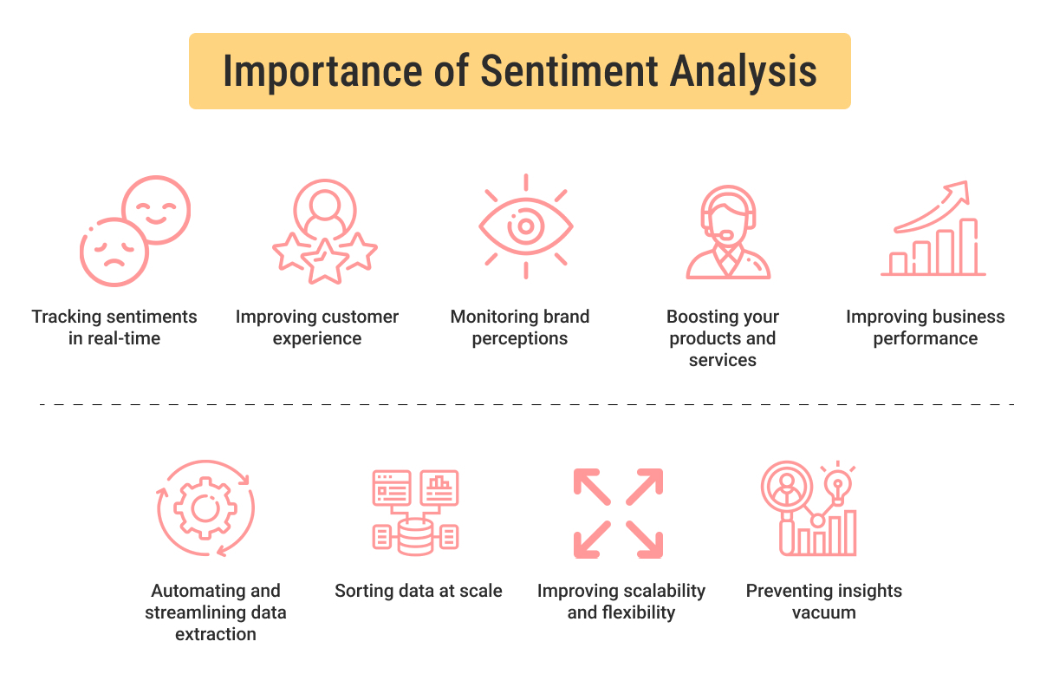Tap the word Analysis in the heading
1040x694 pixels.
click(x=744, y=71)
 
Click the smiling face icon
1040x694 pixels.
click(x=156, y=210)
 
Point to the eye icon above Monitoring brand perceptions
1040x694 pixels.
click(x=525, y=226)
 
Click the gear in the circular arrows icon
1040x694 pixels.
click(x=205, y=507)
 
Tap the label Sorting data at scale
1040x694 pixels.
click(x=419, y=591)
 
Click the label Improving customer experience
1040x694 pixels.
click(x=317, y=327)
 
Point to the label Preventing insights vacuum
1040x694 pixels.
click(x=823, y=601)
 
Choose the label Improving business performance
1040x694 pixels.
click(x=926, y=327)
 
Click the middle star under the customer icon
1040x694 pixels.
click(x=324, y=260)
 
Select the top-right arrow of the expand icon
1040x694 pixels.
click(x=646, y=486)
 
